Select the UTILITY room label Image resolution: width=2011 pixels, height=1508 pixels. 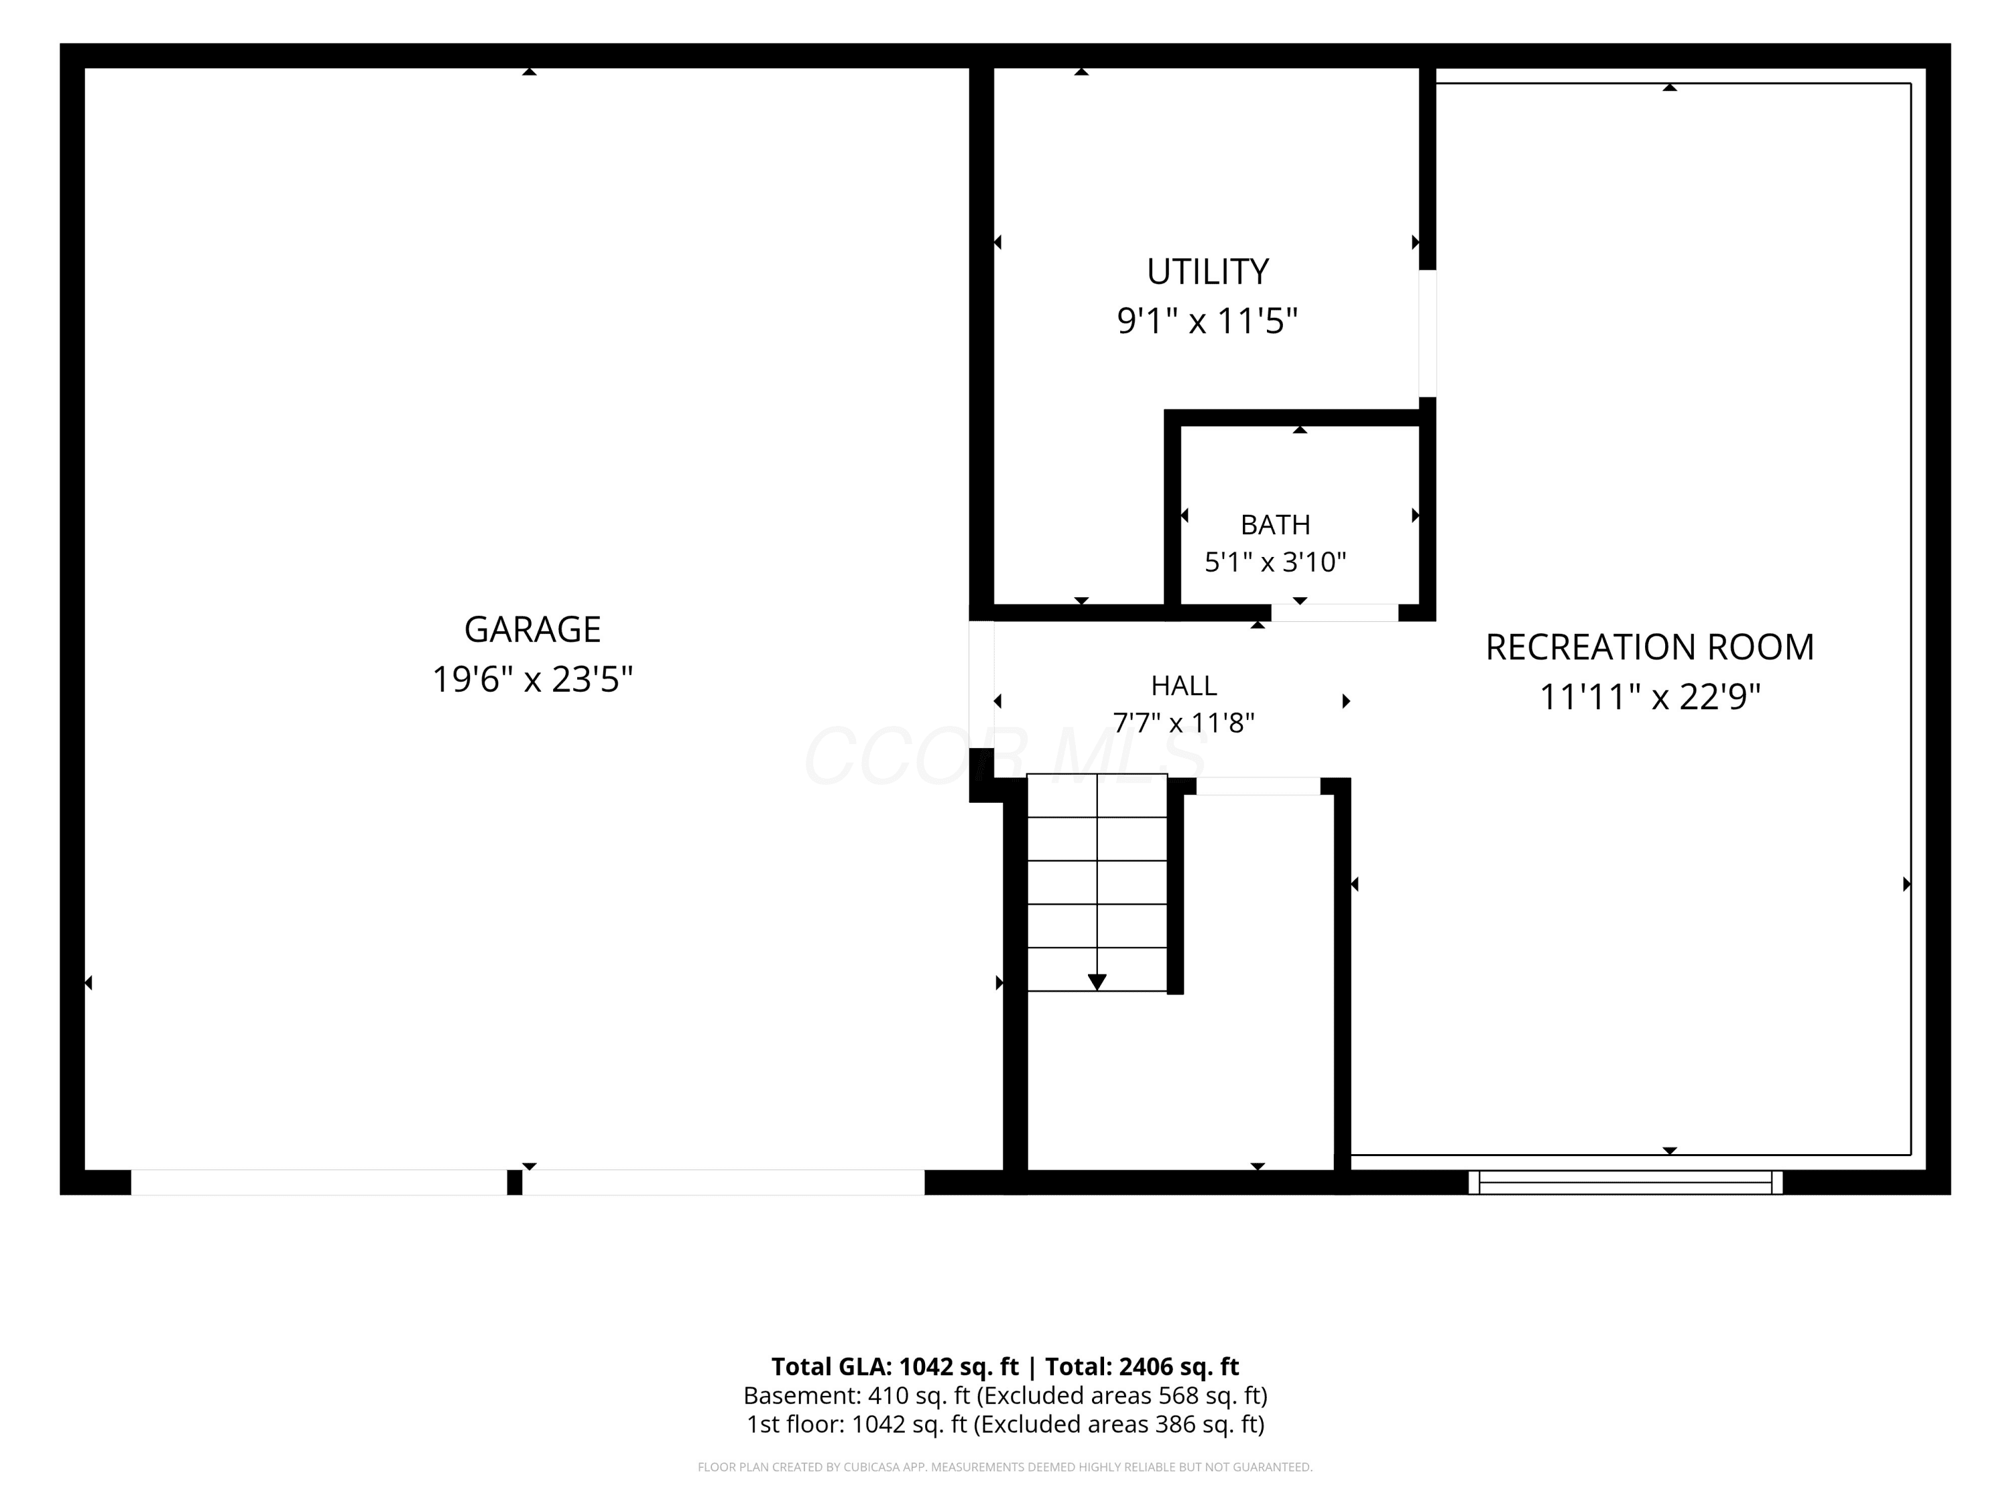pos(1207,272)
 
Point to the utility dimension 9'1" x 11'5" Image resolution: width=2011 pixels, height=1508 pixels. pos(1207,321)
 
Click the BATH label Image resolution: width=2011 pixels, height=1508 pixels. pos(1276,525)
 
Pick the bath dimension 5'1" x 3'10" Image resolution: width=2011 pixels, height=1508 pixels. pos(1276,562)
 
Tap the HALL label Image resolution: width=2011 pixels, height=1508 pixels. pos(1184,686)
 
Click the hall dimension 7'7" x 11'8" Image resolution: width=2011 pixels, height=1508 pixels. pos(1184,722)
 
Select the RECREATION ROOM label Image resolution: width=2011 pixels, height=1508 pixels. pos(1650,647)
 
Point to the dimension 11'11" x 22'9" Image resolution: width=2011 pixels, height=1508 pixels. pos(1650,697)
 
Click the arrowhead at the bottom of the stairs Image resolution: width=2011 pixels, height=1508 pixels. pos(1097,982)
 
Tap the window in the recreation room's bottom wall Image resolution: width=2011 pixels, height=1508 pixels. pos(1626,1182)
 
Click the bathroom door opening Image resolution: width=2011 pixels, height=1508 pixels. pos(1335,612)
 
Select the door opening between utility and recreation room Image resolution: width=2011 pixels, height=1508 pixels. pos(1427,334)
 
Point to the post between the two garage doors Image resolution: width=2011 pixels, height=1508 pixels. pos(515,1182)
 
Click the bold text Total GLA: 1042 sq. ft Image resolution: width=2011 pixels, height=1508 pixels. pos(896,1366)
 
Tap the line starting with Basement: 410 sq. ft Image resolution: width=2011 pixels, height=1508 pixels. pos(1005,1395)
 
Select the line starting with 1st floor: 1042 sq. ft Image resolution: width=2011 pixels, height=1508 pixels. pos(1005,1424)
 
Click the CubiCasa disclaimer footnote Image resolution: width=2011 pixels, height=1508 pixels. pos(1005,1466)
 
